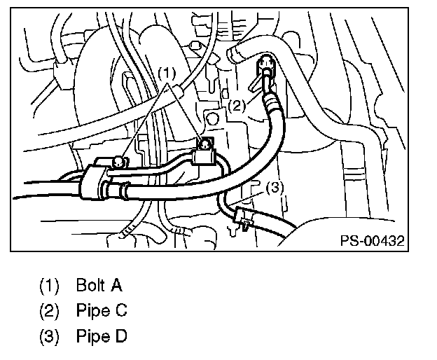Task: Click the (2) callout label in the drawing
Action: tap(237, 106)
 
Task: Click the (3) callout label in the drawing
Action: tap(275, 187)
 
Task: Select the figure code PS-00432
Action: tap(373, 241)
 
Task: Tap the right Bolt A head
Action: tap(205, 144)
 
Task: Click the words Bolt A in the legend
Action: tap(99, 286)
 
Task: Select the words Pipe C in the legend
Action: tap(102, 310)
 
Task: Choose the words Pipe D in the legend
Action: tap(102, 335)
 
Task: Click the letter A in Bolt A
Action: tap(117, 286)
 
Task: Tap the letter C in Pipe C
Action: tap(121, 310)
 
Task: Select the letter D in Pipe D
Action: tap(121, 335)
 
